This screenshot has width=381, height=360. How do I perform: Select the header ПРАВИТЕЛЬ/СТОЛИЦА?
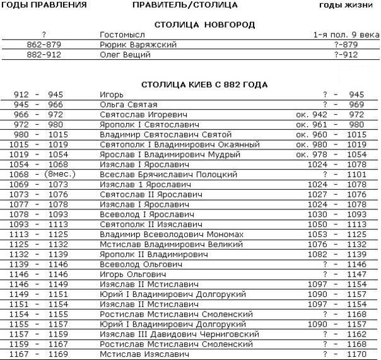tap(185, 5)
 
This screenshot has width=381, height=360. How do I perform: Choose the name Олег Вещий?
tap(125, 55)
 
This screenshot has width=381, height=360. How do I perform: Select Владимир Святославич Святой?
tap(166, 135)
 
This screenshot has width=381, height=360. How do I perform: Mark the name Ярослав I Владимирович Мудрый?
tap(170, 155)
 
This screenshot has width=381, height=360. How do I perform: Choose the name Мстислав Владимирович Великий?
tap(163, 245)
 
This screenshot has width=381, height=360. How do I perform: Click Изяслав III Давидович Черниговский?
tap(179, 335)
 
